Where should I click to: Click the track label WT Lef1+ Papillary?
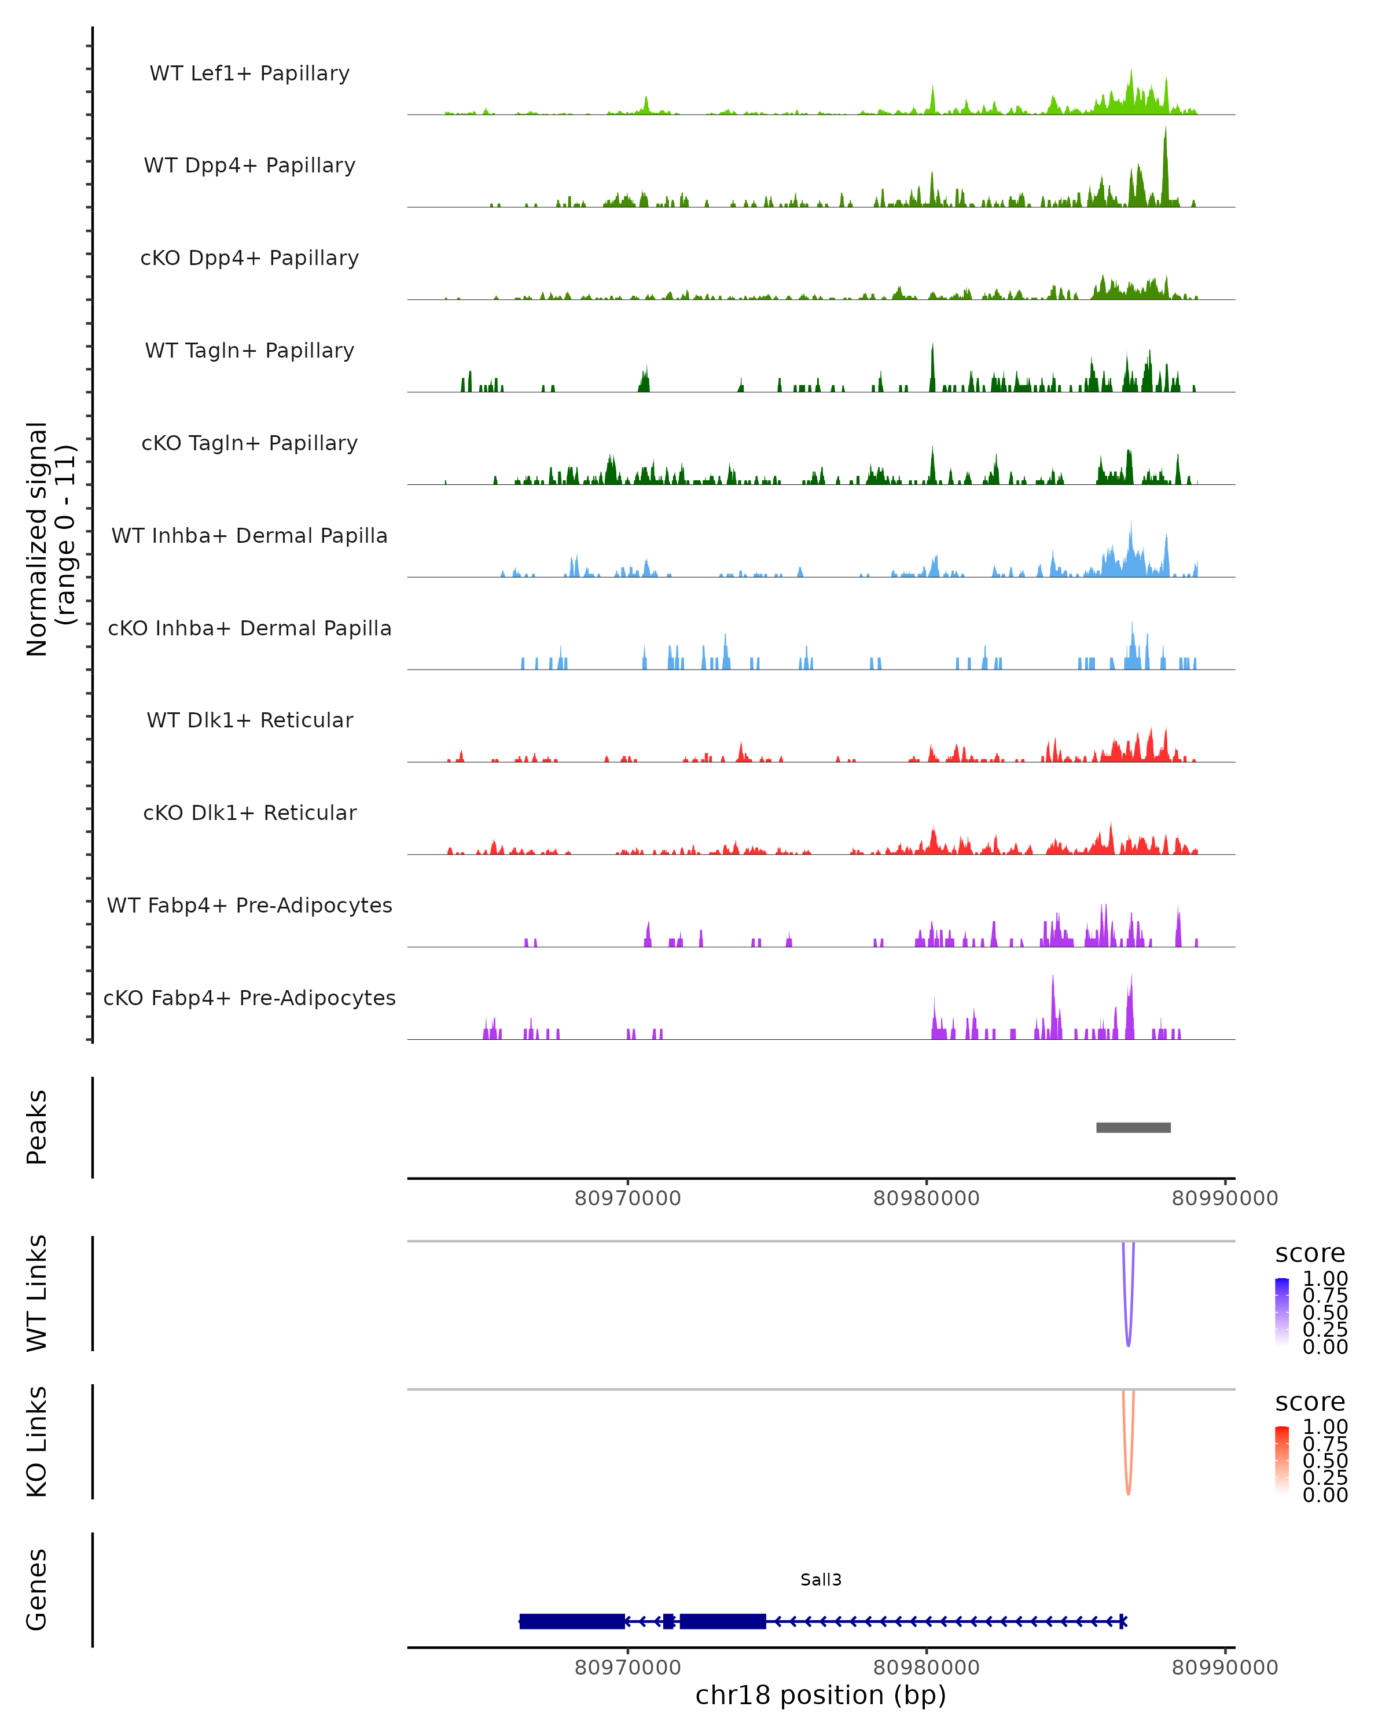[249, 73]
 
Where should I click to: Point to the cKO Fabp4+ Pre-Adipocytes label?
[249, 998]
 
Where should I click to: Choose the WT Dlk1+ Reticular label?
[249, 720]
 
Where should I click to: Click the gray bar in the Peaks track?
[1133, 1127]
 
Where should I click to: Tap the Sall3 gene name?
[821, 1579]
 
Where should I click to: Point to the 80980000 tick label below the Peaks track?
[926, 1198]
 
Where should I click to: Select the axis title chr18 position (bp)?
[821, 1695]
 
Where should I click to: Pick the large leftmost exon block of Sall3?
[572, 1621]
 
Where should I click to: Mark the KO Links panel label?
[37, 1441]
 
